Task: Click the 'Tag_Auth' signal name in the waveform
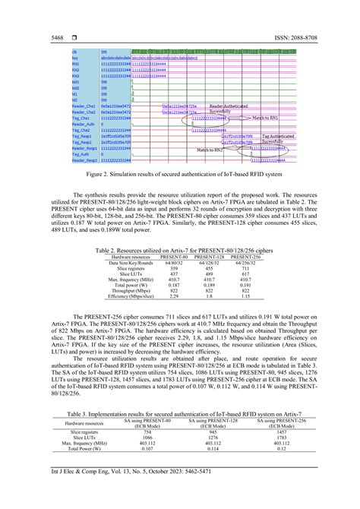(x=80, y=154)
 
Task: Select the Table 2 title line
(x=180, y=229)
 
